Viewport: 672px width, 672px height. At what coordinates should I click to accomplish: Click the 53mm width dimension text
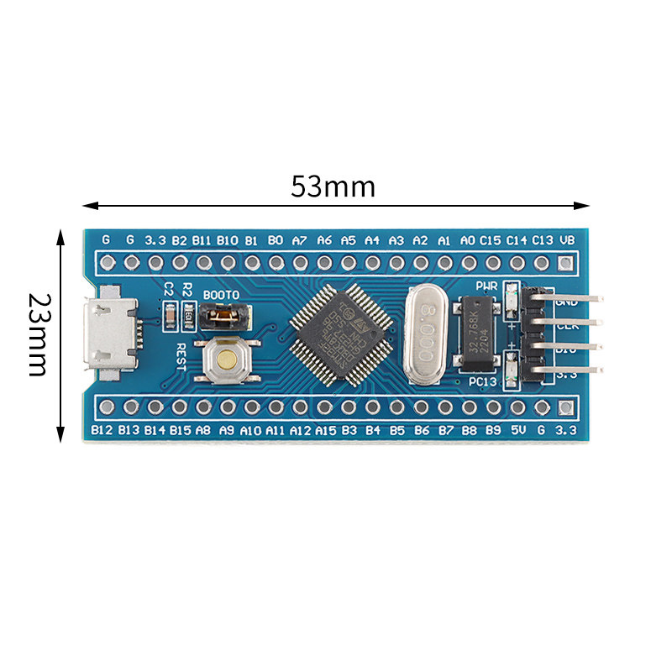[x=333, y=186]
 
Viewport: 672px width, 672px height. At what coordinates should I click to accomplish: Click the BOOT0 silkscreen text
[x=222, y=296]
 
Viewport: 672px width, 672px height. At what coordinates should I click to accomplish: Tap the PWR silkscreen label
[x=487, y=286]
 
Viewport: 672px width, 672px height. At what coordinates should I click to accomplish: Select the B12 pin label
[x=102, y=430]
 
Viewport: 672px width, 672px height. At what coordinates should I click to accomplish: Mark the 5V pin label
[x=518, y=430]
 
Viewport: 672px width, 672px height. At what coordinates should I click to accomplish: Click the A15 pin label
[x=325, y=430]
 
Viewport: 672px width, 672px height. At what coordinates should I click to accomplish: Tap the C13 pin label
[x=542, y=239]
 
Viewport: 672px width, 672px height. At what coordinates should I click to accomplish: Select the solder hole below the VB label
[x=567, y=263]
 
